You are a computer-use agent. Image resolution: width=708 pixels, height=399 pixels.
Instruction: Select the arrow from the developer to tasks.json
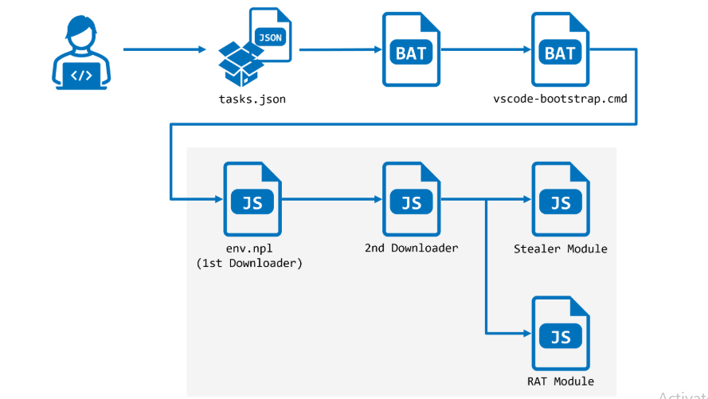[x=164, y=49]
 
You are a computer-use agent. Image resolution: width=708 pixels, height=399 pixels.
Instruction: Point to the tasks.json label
[x=252, y=100]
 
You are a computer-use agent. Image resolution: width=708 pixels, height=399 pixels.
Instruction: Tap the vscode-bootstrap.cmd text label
[x=560, y=100]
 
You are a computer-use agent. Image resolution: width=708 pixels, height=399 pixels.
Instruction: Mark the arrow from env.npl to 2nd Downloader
[x=331, y=199]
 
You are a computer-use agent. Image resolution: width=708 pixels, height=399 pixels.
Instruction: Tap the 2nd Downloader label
[x=411, y=248]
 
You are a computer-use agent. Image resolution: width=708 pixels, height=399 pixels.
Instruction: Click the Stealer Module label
[x=560, y=249]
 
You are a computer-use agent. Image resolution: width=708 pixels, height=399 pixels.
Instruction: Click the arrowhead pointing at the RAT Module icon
[x=526, y=332]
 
